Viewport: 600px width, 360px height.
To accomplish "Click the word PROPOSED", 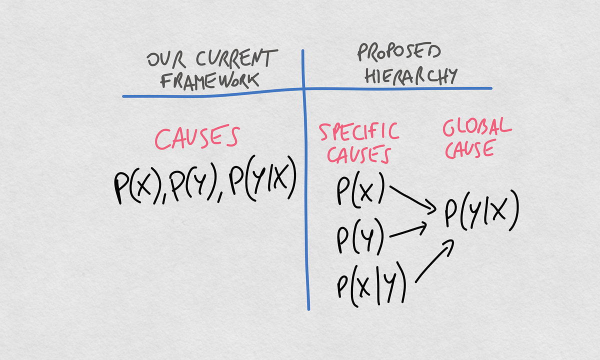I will pyautogui.click(x=398, y=53).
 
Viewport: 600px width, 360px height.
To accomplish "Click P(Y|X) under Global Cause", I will pyautogui.click(x=481, y=212).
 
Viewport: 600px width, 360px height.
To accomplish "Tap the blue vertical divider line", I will pyautogui.click(x=304, y=200).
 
